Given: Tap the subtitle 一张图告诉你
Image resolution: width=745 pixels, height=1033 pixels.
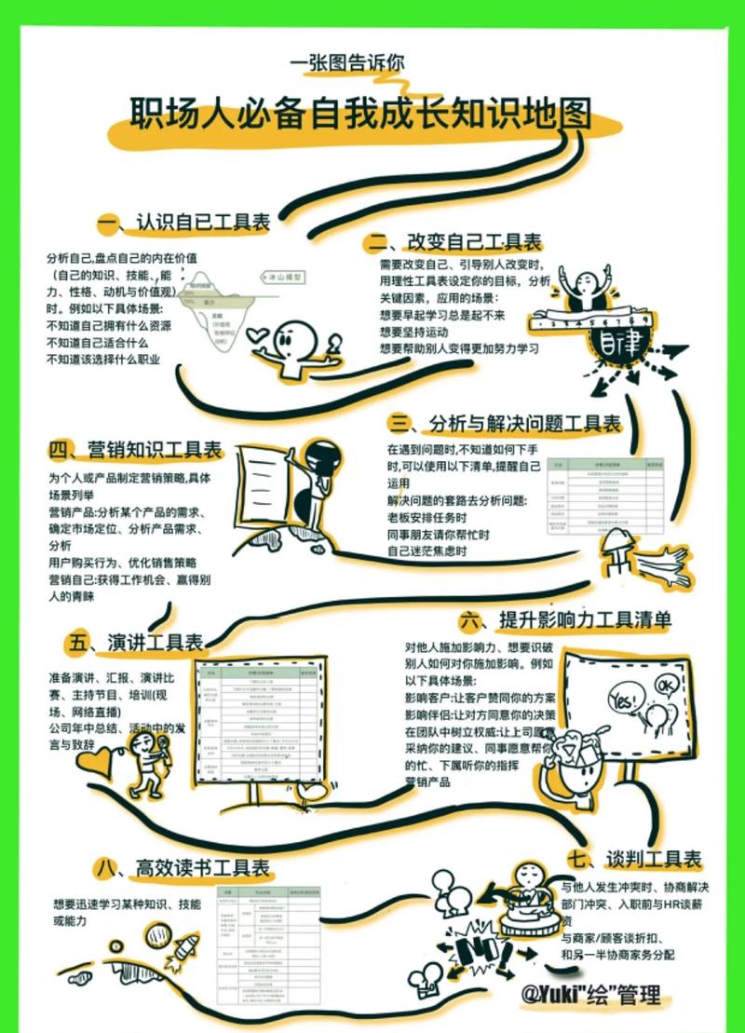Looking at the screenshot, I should pos(347,63).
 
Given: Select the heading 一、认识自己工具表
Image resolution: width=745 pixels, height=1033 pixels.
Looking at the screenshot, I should pos(184,223).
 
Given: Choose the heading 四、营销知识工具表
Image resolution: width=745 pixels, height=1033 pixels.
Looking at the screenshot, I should pos(135,451).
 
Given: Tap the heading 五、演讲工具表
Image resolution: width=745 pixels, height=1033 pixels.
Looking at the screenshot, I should pos(135,642).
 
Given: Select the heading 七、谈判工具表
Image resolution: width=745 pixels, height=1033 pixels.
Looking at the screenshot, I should pos(634,858).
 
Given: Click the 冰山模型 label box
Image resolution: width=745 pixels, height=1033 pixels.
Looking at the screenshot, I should pos(281,278).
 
